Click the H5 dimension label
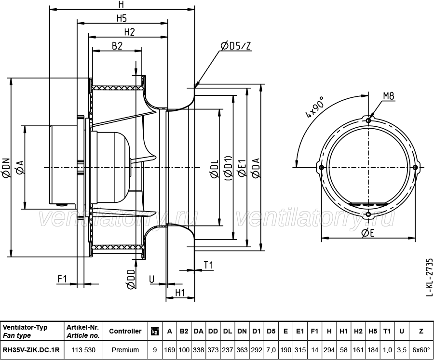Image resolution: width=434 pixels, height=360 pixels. coord(122,18)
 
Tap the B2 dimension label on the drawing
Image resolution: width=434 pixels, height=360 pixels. coord(117,46)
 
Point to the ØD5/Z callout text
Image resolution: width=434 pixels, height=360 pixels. coord(235,46)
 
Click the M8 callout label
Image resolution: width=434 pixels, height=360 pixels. coord(389,96)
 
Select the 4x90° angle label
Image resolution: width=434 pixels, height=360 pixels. coord(314,107)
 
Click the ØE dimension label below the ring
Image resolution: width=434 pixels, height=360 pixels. coord(368,233)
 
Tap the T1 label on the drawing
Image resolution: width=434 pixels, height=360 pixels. coord(208,266)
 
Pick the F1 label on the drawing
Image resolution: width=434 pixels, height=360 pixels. coord(62,279)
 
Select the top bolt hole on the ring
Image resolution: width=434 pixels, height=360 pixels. coord(368,120)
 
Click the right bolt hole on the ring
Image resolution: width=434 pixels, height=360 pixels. coord(415,167)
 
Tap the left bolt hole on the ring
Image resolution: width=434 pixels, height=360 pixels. coord(321,167)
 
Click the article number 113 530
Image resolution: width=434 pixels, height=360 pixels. coord(83,350)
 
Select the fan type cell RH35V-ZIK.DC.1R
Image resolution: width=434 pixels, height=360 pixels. coord(31,350)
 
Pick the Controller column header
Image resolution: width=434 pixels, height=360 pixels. coord(125,331)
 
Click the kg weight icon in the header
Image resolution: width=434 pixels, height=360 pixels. coord(155,331)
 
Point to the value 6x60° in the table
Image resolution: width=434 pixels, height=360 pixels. coord(421,350)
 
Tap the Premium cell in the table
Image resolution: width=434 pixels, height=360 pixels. coord(125,350)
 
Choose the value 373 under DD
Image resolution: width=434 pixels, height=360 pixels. coord(213,350)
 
